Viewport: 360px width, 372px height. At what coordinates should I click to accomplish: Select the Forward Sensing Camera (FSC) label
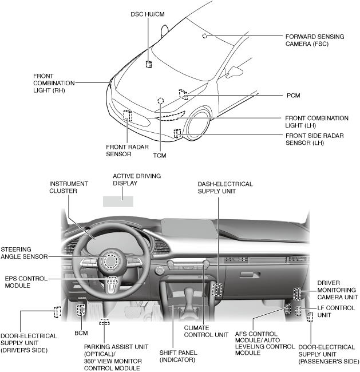[314, 40]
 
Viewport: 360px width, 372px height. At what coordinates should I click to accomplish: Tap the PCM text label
[294, 96]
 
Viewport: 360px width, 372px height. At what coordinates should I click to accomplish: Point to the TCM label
[160, 155]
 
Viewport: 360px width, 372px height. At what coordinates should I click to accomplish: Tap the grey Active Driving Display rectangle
[118, 201]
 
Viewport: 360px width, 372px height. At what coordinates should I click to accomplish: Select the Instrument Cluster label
[69, 187]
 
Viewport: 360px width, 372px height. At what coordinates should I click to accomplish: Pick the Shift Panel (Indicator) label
[177, 356]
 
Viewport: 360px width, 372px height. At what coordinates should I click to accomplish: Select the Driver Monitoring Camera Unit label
[338, 290]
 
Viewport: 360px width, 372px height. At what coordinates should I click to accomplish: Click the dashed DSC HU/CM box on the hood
[148, 64]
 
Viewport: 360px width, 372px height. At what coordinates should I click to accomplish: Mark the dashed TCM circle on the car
[161, 100]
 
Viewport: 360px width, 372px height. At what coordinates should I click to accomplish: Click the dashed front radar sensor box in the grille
[128, 116]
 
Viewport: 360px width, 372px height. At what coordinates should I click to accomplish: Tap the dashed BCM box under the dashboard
[81, 310]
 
